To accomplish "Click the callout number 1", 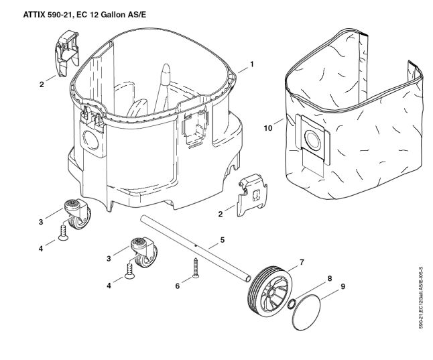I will (x=252, y=64).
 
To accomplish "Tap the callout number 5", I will (x=223, y=239).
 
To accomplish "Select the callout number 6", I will (x=178, y=286).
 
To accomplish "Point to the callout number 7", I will (x=302, y=261).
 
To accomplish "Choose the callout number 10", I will (x=269, y=127).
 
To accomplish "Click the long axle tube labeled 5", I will (x=194, y=247).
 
